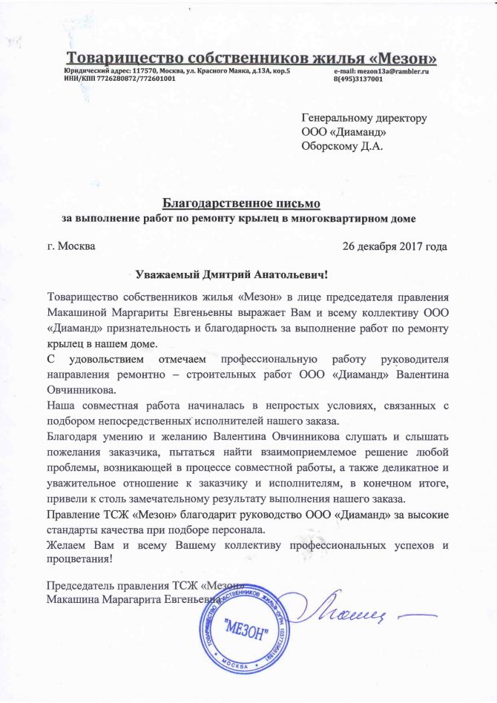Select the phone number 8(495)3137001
pyautogui.click(x=358, y=78)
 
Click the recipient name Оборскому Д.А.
pyautogui.click(x=342, y=146)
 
